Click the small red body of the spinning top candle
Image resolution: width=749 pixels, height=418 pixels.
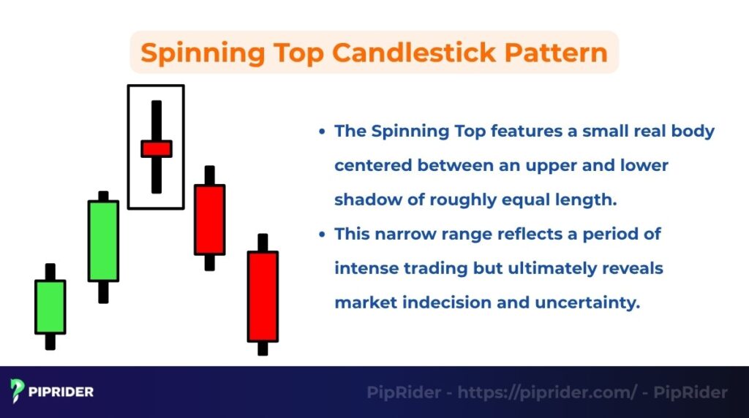[x=157, y=148]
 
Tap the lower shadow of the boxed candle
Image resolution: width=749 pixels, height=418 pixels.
[x=157, y=175]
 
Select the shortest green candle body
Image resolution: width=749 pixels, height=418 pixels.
[x=50, y=307]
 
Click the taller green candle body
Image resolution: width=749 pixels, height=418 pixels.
[x=103, y=240]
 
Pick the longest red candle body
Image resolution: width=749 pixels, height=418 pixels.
[x=263, y=296]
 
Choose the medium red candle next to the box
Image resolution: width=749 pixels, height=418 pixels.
[x=209, y=219]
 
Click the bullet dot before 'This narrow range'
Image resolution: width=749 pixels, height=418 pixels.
[x=322, y=235]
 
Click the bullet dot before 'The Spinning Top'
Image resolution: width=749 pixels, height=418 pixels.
[x=322, y=132]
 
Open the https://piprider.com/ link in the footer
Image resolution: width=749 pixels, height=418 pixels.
[x=547, y=392]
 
